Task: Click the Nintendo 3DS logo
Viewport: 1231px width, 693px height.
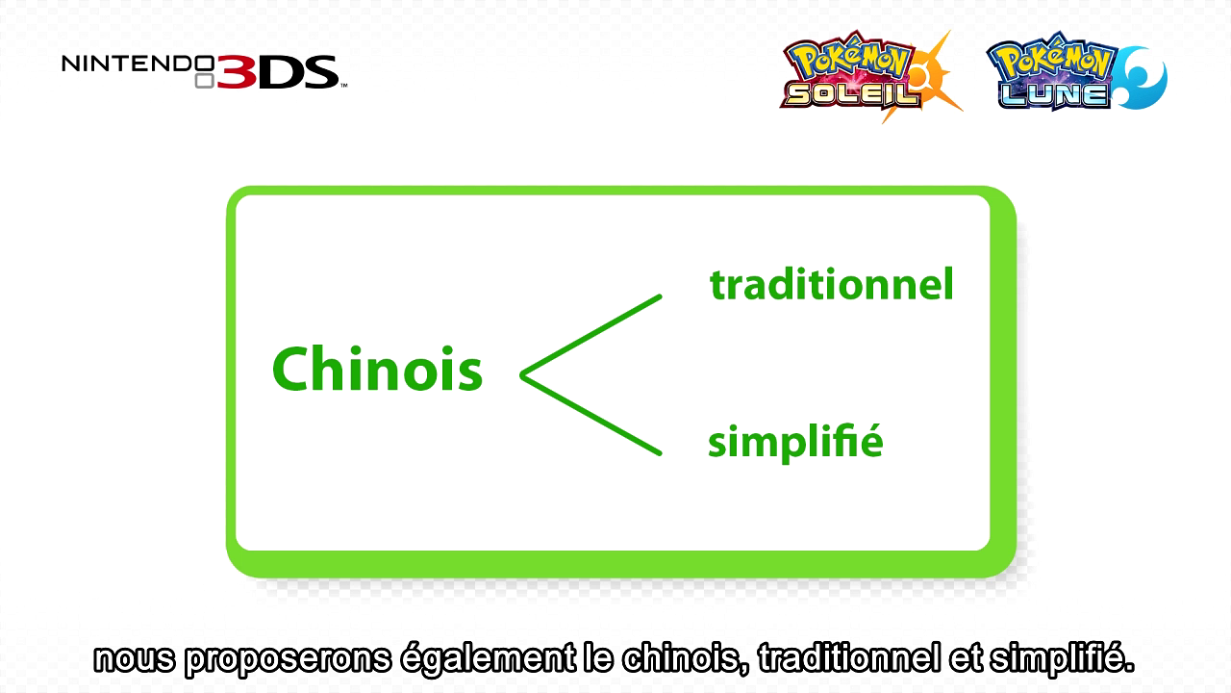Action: coord(205,71)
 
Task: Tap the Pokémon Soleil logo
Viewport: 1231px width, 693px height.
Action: coord(870,76)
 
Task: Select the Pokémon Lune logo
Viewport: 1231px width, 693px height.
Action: coord(1076,71)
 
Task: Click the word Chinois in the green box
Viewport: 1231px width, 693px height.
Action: coord(377,369)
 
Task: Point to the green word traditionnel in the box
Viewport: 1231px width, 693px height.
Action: coord(832,284)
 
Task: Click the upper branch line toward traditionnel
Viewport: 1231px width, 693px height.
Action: coord(590,336)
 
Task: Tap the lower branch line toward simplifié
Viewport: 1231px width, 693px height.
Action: coord(590,415)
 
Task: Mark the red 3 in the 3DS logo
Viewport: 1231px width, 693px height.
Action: coord(237,72)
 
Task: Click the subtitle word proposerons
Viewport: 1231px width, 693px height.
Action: coord(289,659)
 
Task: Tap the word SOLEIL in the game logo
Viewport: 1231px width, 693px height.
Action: coord(852,94)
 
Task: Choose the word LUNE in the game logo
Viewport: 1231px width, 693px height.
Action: coord(1053,94)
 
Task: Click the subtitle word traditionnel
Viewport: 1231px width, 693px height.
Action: coord(849,657)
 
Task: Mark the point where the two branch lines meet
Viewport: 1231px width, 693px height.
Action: coord(522,375)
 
